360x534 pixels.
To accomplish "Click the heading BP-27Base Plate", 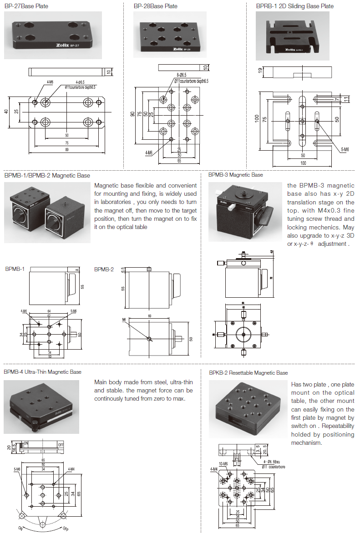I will coord(26,6).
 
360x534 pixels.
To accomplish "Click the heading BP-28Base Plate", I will coord(155,6).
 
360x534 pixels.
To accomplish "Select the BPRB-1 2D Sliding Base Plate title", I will coord(294,6).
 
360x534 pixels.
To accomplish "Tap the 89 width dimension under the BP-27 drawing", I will coord(67,149).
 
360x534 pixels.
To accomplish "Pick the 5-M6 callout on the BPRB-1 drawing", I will coord(345,149).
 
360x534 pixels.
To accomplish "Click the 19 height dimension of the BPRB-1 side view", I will coord(260,70).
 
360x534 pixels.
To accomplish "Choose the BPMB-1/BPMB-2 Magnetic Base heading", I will coord(47,175).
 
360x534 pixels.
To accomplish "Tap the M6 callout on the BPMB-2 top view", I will coord(124,320).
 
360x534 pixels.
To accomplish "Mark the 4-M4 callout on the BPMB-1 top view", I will coord(24,311).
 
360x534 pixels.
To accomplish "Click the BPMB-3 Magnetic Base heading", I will coord(235,175).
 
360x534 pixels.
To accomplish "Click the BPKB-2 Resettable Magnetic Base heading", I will coord(248,373).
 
